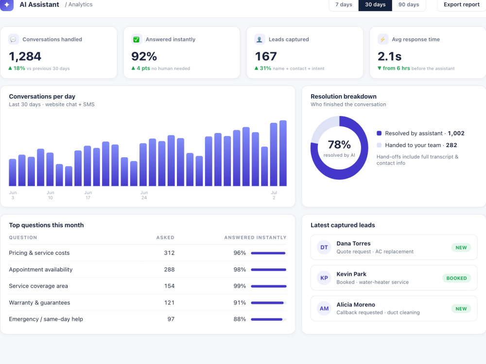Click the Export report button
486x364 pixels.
pos(462,5)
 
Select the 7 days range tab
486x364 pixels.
pos(344,5)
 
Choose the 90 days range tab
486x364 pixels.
pos(409,5)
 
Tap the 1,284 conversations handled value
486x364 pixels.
pos(25,56)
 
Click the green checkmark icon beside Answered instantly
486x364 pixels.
pos(136,39)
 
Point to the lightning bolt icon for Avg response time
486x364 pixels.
pos(382,39)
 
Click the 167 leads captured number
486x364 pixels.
pos(266,56)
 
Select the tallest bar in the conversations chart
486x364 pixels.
pos(283,153)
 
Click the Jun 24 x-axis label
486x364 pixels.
pos(144,195)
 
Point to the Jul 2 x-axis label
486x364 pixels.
pos(274,195)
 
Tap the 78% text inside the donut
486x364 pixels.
pos(339,145)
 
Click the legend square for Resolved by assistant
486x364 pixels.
pos(379,133)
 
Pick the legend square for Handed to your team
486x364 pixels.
pos(379,145)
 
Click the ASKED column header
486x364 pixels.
pos(165,237)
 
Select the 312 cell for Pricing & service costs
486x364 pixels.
pos(169,253)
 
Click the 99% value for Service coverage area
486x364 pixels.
pos(240,286)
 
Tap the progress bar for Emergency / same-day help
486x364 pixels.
pos(269,319)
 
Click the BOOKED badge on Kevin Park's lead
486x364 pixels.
pos(456,278)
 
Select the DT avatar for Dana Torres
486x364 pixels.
pos(324,248)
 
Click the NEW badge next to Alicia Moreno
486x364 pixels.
pos(461,309)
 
